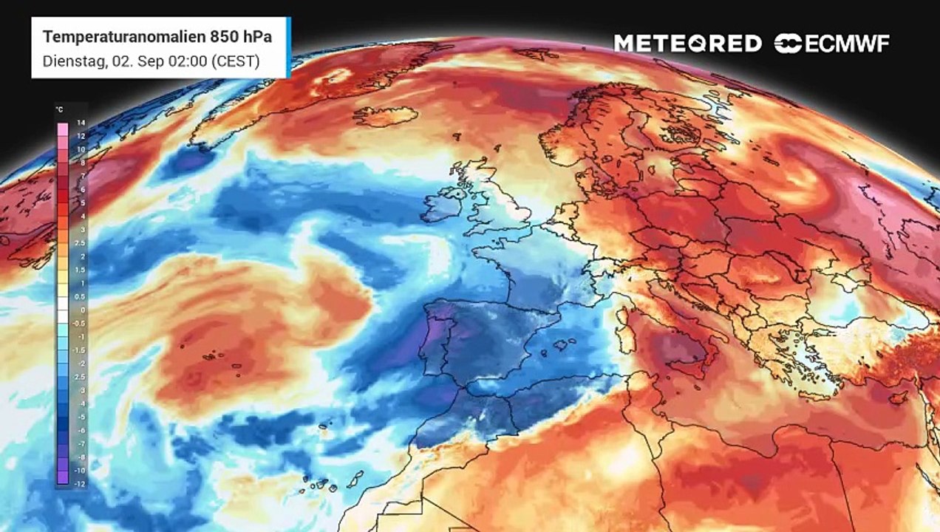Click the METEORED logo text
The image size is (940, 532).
coord(688,44)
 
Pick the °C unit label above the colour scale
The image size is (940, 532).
coord(59,110)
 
